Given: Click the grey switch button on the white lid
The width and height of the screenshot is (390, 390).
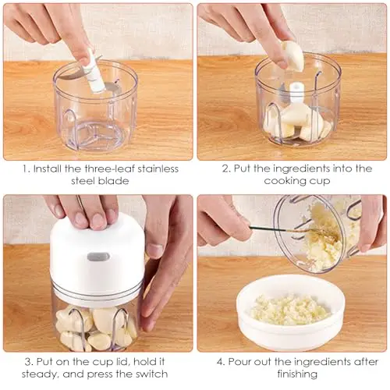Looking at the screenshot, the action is (x=98, y=257).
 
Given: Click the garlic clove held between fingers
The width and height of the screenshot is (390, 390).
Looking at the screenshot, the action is (x=292, y=56).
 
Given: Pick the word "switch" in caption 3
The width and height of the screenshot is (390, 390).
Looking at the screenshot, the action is (x=151, y=374).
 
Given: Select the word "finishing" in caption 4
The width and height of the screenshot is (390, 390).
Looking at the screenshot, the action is (x=297, y=374).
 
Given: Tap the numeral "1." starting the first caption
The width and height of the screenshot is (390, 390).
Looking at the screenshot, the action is (x=26, y=169).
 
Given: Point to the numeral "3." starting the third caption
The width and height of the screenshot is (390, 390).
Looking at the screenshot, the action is (x=29, y=362).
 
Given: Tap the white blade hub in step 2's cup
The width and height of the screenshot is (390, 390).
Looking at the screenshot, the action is (x=296, y=96).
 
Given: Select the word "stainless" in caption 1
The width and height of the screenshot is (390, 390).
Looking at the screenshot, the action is (x=158, y=169).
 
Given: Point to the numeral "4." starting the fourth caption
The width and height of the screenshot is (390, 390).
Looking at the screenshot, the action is (x=221, y=362).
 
